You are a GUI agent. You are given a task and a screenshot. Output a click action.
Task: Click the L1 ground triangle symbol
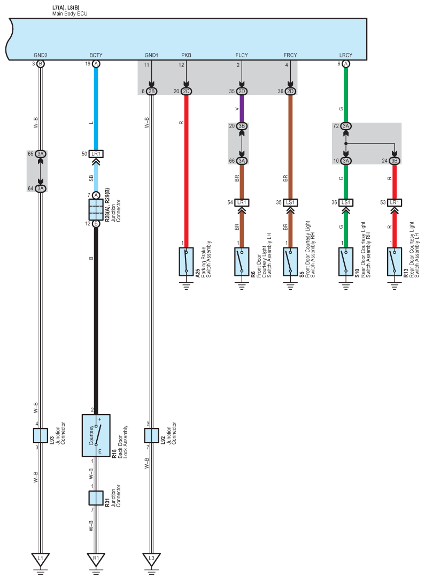tap(40, 560)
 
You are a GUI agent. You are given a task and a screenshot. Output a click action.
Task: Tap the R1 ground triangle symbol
tap(96, 560)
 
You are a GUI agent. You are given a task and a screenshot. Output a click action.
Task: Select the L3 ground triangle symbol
tap(151, 560)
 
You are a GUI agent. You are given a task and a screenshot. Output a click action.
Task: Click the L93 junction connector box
tap(40, 434)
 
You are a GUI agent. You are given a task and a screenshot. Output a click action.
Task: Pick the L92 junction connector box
tap(151, 434)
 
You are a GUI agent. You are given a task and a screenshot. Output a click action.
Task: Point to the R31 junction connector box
tap(96, 498)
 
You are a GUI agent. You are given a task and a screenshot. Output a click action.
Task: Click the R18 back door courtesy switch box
tap(96, 435)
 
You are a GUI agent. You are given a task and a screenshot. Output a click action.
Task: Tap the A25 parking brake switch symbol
tap(186, 262)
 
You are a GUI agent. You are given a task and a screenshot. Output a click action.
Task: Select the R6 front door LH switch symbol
tap(242, 262)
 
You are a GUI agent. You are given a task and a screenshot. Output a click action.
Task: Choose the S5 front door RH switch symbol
tap(290, 262)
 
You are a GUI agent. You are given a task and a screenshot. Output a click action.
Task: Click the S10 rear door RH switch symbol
tap(346, 262)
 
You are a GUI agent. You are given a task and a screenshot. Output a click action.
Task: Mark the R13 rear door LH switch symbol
tap(395, 262)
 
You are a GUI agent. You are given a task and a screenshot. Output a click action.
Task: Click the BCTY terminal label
tap(96, 55)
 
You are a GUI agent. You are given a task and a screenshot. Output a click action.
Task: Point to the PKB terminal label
tap(186, 55)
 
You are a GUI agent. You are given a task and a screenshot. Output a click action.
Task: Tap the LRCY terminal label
tap(346, 55)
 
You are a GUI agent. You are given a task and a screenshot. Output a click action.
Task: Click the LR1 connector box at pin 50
tap(96, 154)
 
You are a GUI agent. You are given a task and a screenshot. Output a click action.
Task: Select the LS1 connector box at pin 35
tap(290, 202)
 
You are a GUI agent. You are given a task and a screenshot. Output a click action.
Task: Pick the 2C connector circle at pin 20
tap(186, 91)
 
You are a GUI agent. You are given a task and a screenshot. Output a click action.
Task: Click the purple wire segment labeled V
tap(242, 110)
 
